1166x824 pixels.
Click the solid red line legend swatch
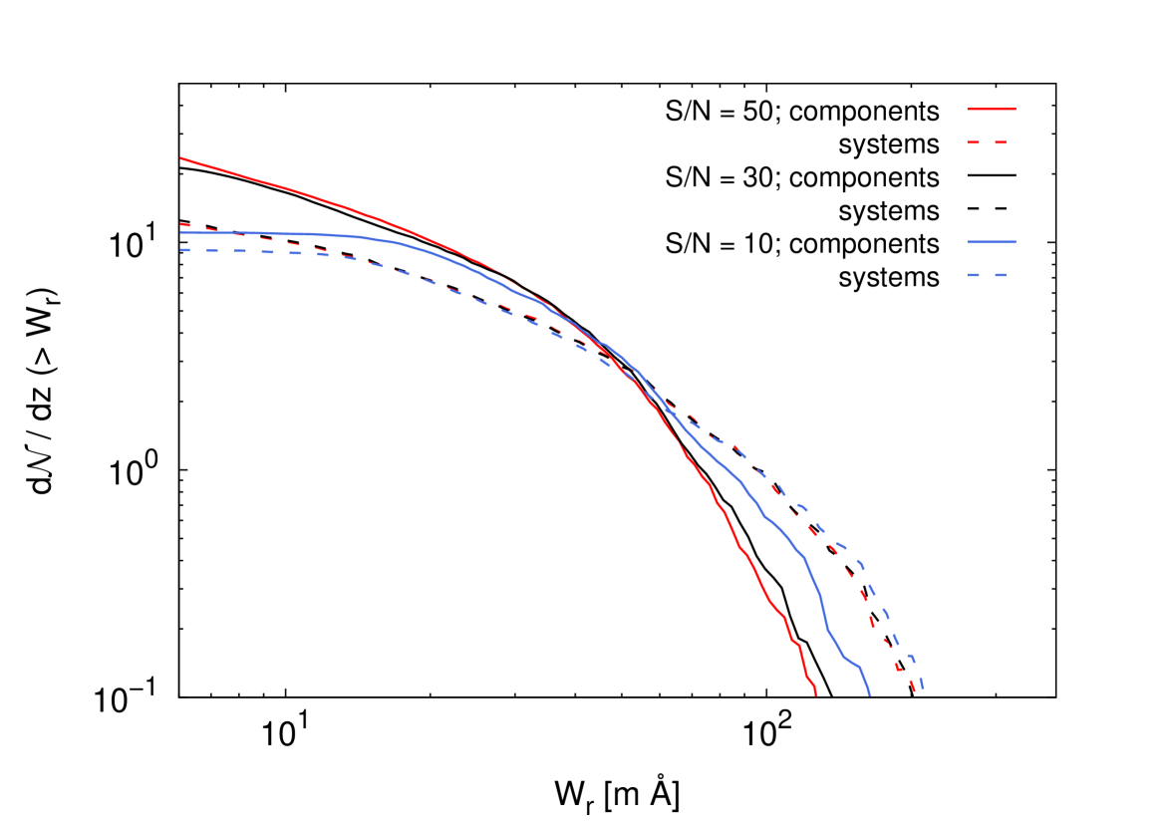991,109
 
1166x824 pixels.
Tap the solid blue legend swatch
991,242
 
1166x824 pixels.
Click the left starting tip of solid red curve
181,158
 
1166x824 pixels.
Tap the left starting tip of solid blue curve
181,233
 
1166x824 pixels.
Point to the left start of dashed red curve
181,224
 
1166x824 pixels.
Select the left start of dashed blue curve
181,250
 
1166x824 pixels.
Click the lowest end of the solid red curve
816,694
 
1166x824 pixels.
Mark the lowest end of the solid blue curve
870,694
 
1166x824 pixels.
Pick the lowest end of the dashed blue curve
923,687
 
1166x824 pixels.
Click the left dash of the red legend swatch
973,142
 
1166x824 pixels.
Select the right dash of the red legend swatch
999,142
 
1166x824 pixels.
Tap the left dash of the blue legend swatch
973,274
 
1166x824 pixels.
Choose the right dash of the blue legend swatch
999,274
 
